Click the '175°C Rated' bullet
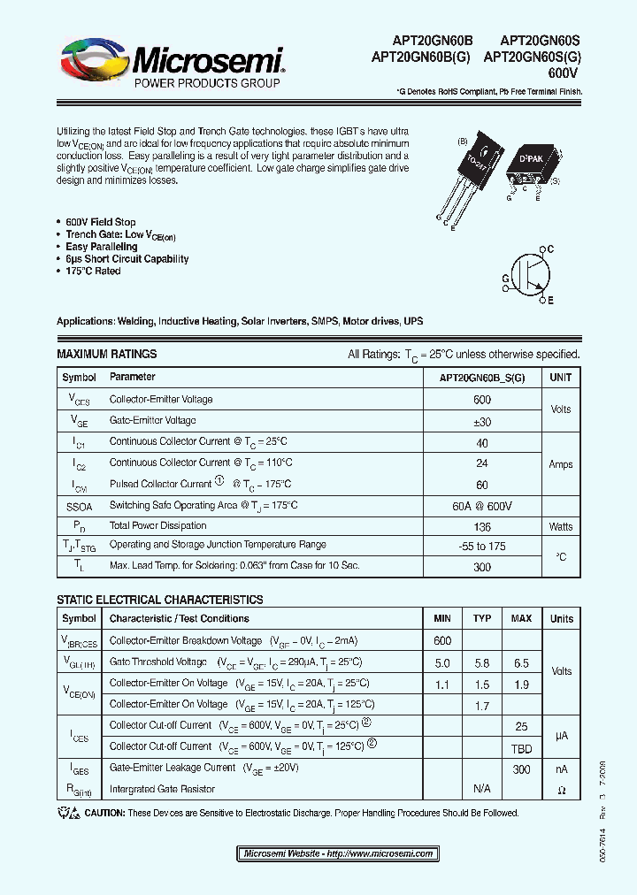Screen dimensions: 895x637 tap(93, 272)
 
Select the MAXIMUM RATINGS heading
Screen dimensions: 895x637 tap(106, 354)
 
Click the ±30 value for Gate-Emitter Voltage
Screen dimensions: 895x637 tap(482, 421)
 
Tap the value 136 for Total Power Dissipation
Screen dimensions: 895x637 tap(482, 526)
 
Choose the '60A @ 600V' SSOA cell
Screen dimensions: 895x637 tap(482, 506)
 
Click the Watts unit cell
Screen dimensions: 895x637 tap(561, 526)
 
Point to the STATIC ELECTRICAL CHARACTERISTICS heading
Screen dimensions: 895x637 tap(159, 600)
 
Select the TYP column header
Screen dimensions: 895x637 tap(482, 618)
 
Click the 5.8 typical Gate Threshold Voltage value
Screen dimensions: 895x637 tap(482, 662)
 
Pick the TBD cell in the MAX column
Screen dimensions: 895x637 tap(522, 746)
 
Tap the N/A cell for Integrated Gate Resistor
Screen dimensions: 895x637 tap(482, 789)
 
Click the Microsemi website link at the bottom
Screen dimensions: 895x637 tap(338, 853)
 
